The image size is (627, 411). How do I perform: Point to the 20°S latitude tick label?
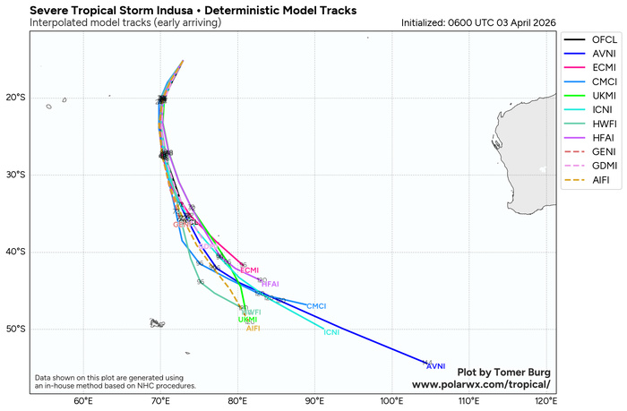pos(16,98)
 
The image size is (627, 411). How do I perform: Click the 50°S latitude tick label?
pos(16,329)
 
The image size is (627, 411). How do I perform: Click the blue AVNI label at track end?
pos(435,366)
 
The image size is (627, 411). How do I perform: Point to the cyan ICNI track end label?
pos(331,333)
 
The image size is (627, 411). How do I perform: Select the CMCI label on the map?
pos(316,306)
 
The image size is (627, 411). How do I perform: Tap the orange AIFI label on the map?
pos(253,329)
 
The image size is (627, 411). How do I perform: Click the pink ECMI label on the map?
pos(250,270)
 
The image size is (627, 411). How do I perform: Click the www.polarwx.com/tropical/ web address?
pos(481,384)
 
